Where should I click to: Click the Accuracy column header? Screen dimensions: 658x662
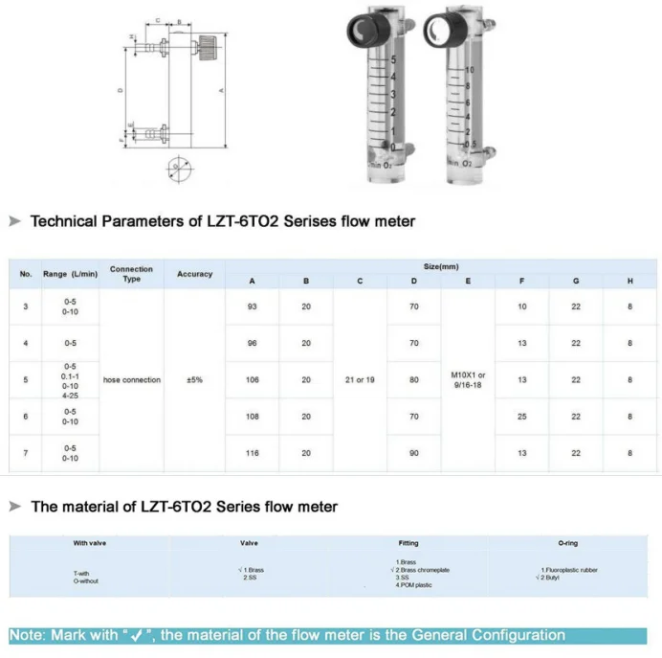(x=194, y=274)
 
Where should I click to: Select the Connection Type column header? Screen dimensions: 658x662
(x=131, y=274)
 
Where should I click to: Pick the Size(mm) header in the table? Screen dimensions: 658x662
(x=440, y=266)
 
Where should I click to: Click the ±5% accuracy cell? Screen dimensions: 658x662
(x=194, y=380)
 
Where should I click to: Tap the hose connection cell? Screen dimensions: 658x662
(x=131, y=380)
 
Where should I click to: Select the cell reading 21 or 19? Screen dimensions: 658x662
(x=360, y=380)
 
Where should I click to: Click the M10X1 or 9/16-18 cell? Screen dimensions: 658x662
(x=468, y=380)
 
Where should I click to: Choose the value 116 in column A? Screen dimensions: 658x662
(x=252, y=453)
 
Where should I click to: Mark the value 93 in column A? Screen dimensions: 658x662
(x=252, y=306)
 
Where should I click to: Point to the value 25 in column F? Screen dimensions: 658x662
(x=521, y=417)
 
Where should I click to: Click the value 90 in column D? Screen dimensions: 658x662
(x=413, y=453)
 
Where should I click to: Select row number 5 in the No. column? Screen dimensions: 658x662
(x=26, y=380)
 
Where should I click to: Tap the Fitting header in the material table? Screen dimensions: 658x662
(x=408, y=543)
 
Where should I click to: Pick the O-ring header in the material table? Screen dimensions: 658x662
(x=568, y=543)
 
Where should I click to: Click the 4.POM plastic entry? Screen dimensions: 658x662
(x=413, y=585)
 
